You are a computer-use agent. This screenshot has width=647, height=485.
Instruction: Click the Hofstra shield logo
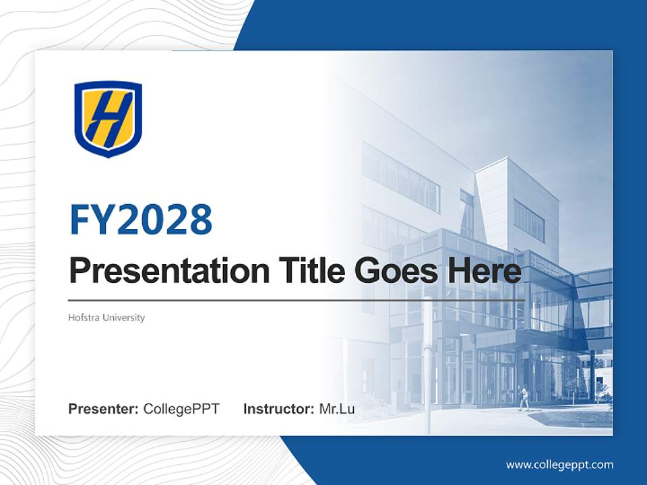108,119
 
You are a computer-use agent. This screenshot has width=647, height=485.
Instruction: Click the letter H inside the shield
108,118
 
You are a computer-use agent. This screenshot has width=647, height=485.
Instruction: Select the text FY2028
141,220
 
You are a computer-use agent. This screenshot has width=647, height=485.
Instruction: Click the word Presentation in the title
160,271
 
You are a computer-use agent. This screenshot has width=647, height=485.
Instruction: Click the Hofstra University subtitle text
106,317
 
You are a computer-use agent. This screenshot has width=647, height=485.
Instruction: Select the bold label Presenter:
104,409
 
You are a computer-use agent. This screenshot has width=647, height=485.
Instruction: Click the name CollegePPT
181,409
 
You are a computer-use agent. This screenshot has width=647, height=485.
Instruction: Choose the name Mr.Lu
337,409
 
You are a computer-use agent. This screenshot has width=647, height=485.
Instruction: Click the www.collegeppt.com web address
559,465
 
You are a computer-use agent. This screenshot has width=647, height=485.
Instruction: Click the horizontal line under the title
297,300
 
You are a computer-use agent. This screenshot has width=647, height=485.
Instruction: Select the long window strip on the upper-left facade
400,176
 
